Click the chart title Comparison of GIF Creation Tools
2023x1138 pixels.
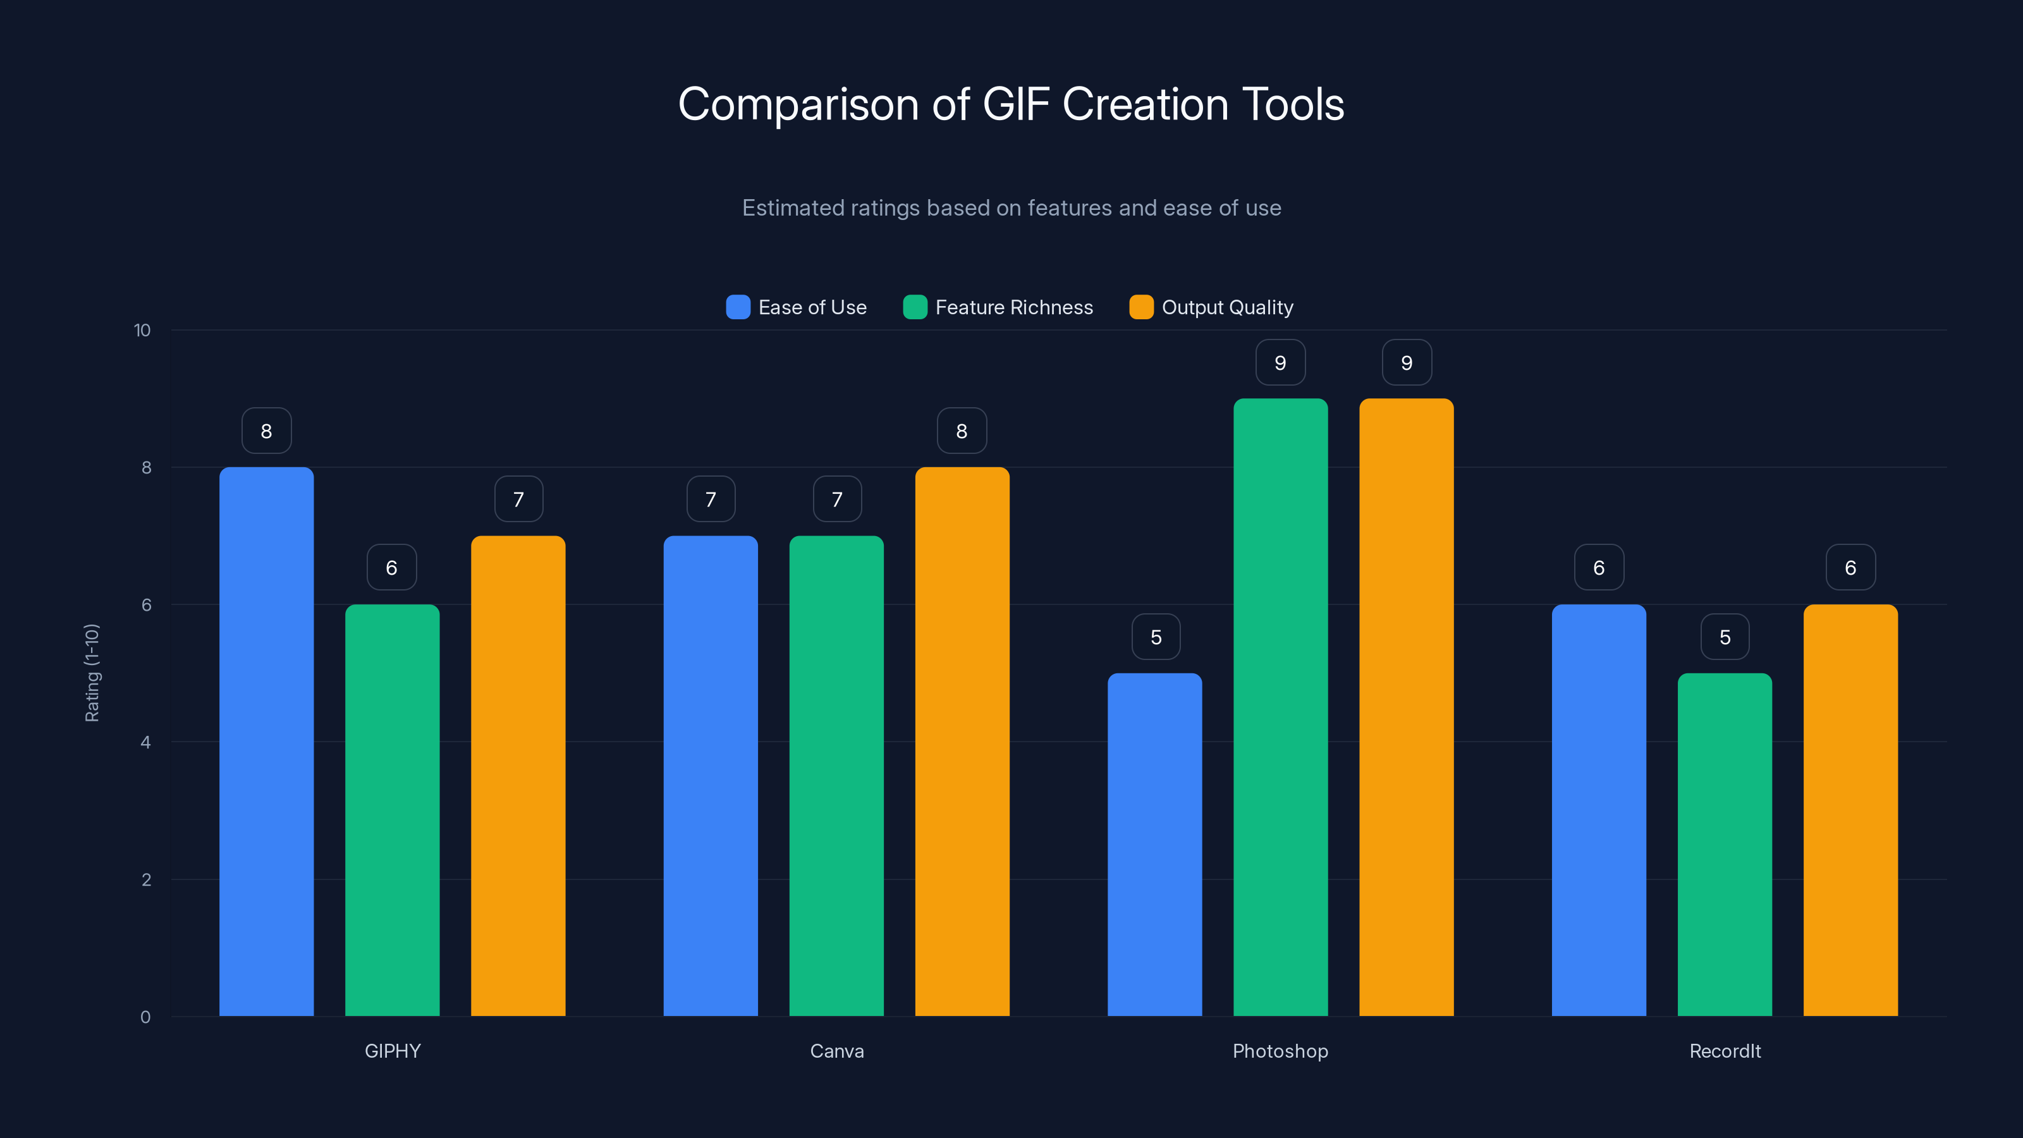tap(1011, 104)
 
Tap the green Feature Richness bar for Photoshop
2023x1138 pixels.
tap(1280, 707)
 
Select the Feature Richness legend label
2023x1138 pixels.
tap(1014, 307)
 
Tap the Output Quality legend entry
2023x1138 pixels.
tap(1226, 307)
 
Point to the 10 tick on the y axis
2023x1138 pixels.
tap(142, 330)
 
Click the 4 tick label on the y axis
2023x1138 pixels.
tap(145, 742)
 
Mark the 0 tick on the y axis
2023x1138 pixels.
tap(145, 1017)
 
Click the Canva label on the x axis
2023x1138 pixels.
tap(836, 1051)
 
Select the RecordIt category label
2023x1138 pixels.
tap(1725, 1051)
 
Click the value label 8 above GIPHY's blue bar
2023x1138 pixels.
tap(266, 431)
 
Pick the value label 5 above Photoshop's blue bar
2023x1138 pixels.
tap(1155, 637)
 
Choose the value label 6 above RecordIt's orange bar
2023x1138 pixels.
tap(1850, 567)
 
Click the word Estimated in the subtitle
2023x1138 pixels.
tap(791, 208)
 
